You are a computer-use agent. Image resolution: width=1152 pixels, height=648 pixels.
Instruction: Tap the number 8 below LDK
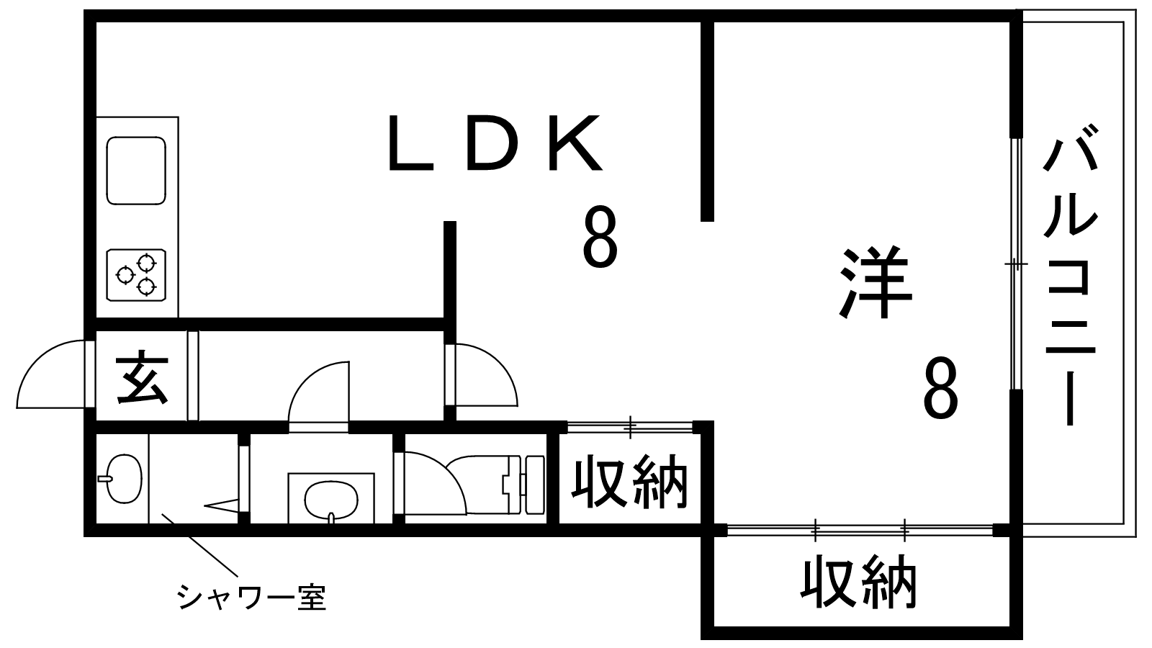point(599,237)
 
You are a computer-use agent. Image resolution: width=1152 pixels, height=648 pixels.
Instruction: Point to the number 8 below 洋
point(941,390)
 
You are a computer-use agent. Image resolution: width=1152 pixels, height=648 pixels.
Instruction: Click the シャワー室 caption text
point(251,597)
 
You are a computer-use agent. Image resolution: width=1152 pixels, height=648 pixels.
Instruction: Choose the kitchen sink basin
point(136,170)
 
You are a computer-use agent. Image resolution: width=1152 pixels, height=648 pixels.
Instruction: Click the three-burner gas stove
point(136,274)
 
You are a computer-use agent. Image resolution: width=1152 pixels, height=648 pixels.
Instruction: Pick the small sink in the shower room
point(122,478)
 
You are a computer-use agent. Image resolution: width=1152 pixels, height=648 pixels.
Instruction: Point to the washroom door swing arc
point(317,393)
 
